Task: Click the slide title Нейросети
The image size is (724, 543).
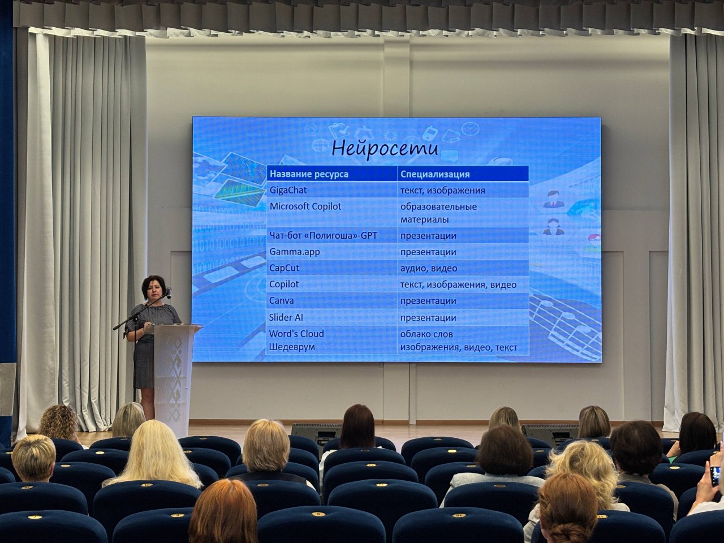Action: tap(385, 149)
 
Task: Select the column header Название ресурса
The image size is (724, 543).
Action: tap(309, 174)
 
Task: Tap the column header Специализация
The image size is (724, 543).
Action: tap(435, 174)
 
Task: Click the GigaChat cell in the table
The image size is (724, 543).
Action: tap(288, 190)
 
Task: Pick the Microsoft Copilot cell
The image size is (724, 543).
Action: tap(305, 206)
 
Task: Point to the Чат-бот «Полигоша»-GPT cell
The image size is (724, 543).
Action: tap(323, 235)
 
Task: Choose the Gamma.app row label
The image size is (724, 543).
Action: tap(295, 252)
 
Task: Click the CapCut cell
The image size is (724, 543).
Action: tap(284, 268)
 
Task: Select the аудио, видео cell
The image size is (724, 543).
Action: tap(429, 268)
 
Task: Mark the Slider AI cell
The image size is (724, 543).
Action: tap(286, 317)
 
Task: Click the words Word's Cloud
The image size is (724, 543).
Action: tap(296, 334)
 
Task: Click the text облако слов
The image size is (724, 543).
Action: tap(426, 334)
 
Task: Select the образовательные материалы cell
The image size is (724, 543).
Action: tap(438, 213)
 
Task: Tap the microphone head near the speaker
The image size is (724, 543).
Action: tap(169, 292)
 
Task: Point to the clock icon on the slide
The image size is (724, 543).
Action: tap(471, 128)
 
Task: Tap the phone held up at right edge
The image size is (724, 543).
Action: tap(715, 476)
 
